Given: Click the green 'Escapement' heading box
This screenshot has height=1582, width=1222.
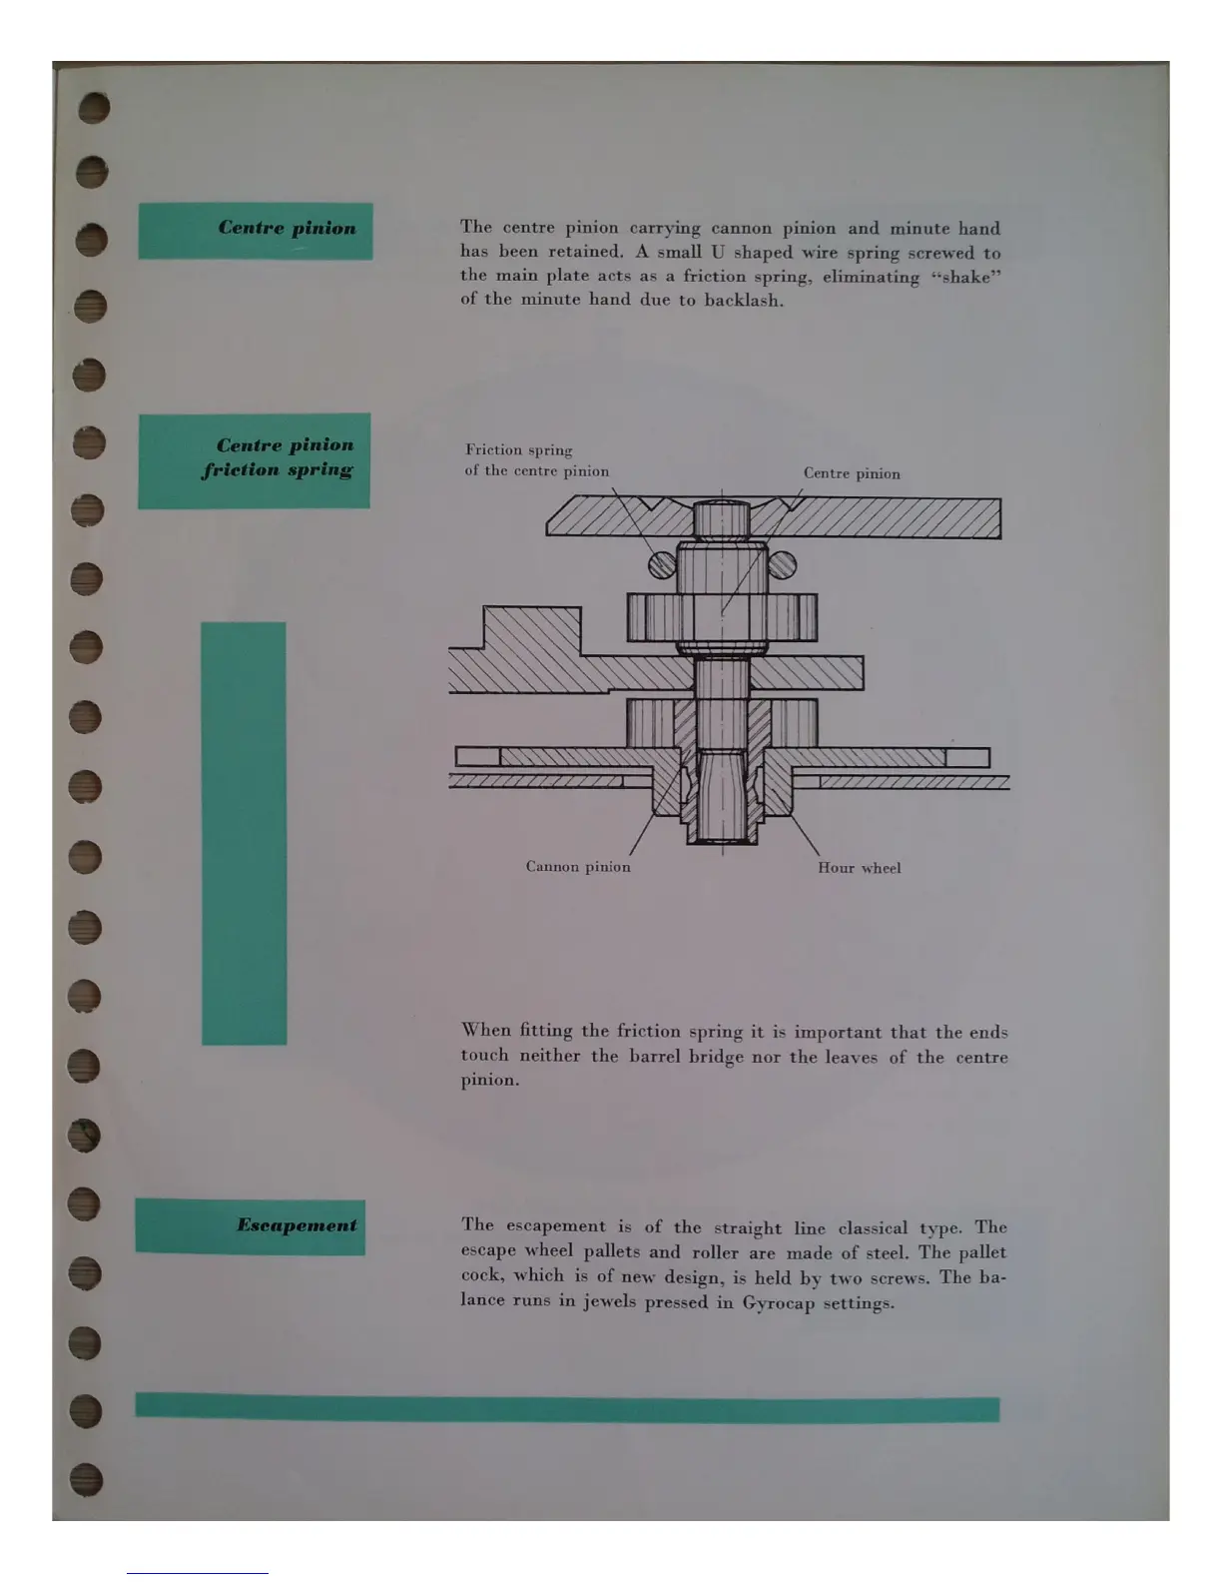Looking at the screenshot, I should click(250, 1226).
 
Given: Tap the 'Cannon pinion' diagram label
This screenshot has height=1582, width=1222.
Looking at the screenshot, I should click(578, 867).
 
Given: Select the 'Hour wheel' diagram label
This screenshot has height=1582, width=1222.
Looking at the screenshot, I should click(859, 868).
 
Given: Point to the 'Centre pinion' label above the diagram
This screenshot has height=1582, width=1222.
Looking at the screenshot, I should click(852, 474).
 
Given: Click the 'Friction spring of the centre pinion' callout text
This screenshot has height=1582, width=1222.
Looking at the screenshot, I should click(536, 460).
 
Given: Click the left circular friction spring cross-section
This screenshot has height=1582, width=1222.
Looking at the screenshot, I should click(662, 566).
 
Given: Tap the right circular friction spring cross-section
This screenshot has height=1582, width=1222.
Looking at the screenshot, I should click(783, 566).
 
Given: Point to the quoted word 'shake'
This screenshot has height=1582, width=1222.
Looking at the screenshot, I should click(965, 278).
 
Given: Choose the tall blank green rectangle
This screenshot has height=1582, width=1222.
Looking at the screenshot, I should click(244, 833).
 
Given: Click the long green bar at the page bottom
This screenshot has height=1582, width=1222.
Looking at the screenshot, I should click(567, 1407).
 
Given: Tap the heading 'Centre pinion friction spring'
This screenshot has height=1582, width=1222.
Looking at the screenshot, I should click(255, 460).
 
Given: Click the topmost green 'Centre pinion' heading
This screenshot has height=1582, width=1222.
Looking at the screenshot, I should click(256, 231).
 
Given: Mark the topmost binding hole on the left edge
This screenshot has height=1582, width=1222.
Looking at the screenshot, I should click(92, 107).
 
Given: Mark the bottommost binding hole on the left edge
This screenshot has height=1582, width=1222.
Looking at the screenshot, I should click(87, 1478).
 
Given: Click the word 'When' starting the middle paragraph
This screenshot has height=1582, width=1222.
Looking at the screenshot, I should click(486, 1031).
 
